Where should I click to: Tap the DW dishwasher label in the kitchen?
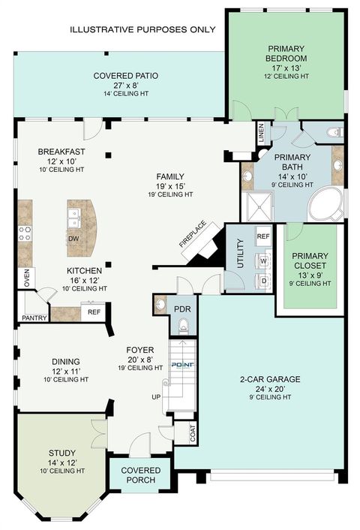coord(73,239)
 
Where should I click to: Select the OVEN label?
coord(26,279)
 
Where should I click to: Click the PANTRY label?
coord(34,318)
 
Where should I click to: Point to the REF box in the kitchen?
coord(94,312)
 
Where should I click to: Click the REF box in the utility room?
coord(263,236)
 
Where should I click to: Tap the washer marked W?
coord(263,261)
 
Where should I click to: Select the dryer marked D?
coord(263,281)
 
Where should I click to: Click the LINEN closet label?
coord(261,134)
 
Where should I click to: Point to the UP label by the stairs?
coord(156,396)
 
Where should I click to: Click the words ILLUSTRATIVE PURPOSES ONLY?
coord(142,29)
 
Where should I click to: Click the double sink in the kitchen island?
coord(73,218)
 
